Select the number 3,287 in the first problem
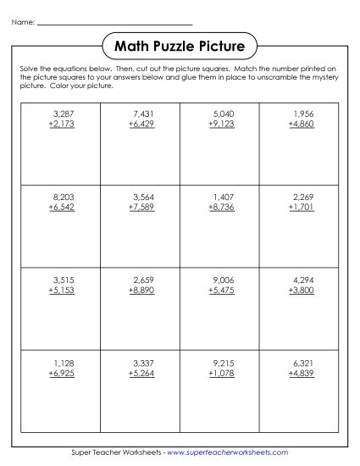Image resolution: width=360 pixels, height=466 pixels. tap(64, 113)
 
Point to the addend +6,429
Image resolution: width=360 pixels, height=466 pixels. tap(142, 123)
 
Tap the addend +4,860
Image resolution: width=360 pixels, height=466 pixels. tap(301, 123)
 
